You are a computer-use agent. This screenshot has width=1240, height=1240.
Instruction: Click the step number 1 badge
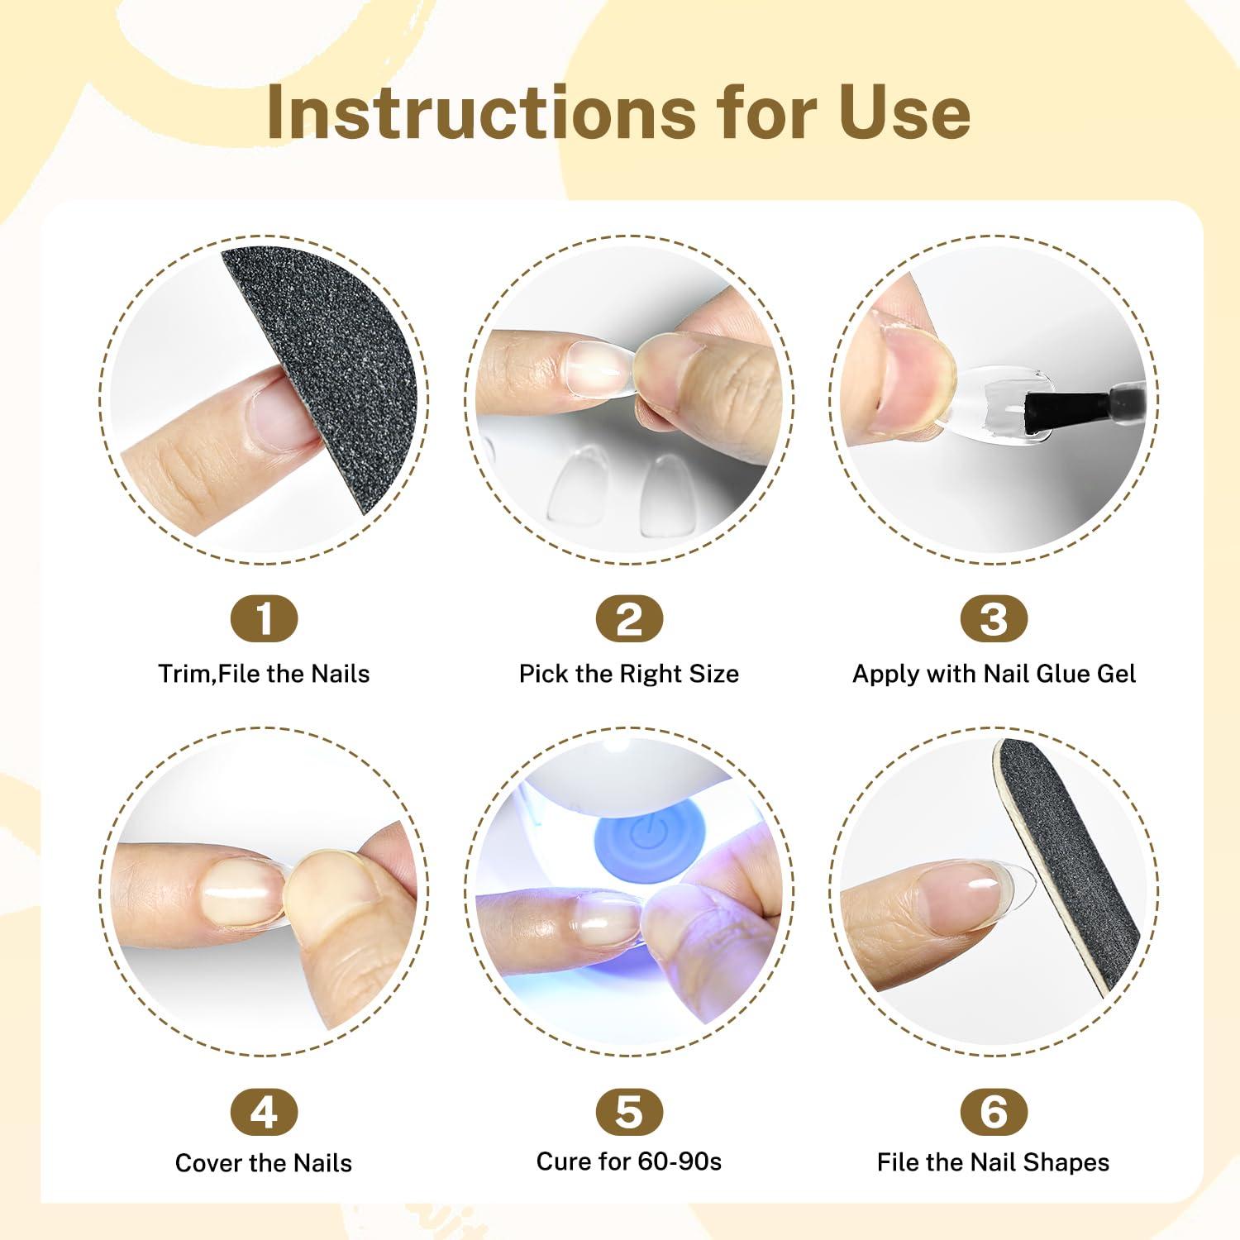coord(264,618)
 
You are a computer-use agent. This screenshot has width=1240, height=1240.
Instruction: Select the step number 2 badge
coord(629,618)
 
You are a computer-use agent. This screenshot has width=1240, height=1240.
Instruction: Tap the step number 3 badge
coord(994,618)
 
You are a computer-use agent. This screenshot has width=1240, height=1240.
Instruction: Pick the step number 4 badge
coord(264,1113)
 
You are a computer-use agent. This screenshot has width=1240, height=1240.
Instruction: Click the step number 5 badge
coord(629,1113)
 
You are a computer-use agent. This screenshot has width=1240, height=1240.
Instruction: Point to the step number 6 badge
coord(994,1113)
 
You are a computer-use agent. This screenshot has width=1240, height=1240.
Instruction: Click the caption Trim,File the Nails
coord(264,674)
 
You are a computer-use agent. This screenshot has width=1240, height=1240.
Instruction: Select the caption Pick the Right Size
coord(629,674)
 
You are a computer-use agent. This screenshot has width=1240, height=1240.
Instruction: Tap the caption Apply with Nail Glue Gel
coord(994,674)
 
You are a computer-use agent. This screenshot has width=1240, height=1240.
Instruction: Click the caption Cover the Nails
coord(264,1163)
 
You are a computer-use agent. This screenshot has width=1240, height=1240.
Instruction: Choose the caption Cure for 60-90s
coord(629,1161)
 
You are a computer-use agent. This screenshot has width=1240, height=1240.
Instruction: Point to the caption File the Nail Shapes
coord(994,1162)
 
